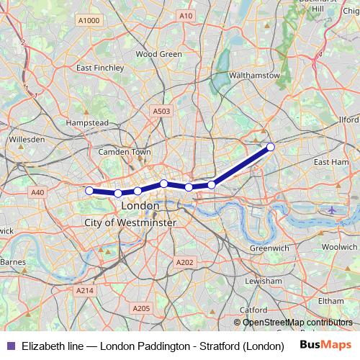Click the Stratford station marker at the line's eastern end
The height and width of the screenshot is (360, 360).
point(271,147)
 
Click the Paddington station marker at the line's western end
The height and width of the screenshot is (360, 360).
point(89,191)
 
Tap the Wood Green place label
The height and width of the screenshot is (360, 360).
point(158,54)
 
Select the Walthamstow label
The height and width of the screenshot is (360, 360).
point(253,75)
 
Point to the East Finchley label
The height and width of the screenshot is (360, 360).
point(100,68)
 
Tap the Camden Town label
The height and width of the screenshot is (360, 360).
point(125,153)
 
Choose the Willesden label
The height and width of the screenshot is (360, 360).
point(26,139)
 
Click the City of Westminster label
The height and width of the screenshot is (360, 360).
point(130,223)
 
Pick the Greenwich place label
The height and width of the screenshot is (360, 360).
point(269,248)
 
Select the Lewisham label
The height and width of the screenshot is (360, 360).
point(263,280)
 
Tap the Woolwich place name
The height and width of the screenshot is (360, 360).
point(339,246)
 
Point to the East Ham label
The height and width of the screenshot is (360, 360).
point(331,163)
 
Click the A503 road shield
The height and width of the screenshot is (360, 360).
point(161,111)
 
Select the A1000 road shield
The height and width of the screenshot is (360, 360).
point(89,21)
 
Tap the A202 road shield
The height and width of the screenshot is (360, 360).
point(184,263)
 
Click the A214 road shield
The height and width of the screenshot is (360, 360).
point(84,290)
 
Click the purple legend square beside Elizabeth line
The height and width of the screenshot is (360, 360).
point(10,346)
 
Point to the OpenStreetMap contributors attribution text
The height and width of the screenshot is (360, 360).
point(297,323)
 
